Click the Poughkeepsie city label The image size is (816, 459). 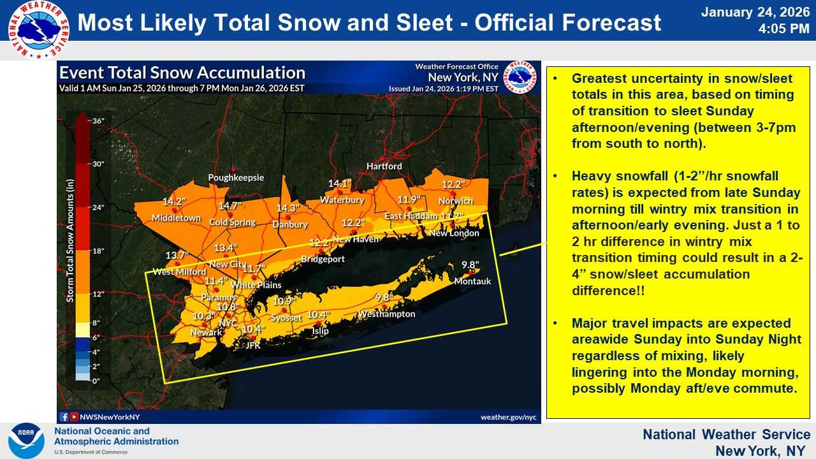point(236,178)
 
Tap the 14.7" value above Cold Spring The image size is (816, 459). point(231,206)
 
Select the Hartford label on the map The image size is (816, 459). point(384,166)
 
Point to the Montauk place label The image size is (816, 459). point(472,281)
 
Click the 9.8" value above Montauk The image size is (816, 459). point(470,265)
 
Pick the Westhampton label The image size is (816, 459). point(386,314)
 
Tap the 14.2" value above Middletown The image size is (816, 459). point(174,202)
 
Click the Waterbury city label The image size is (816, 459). point(342,200)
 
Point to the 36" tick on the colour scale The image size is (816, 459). point(98,121)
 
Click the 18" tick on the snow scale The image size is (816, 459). point(98,251)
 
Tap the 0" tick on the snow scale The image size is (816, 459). point(96,381)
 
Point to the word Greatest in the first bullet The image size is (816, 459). point(599,78)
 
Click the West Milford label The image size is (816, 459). point(178,272)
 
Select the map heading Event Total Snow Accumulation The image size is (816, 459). point(182,73)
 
